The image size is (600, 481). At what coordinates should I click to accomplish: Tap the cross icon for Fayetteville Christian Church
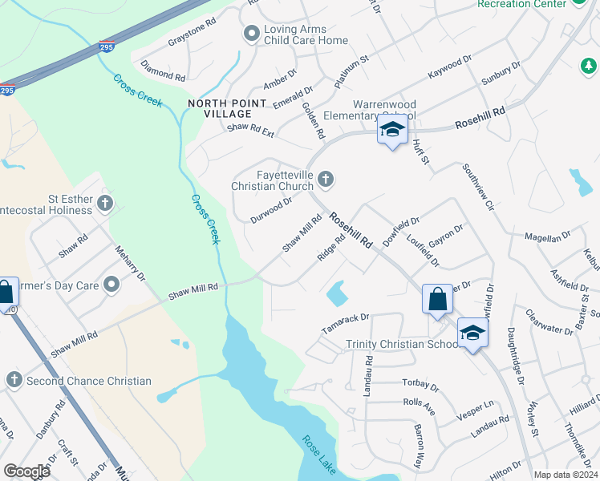click(x=325, y=179)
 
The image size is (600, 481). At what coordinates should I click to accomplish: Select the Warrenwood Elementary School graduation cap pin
click(x=391, y=131)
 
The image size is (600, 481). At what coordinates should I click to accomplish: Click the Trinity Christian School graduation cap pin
click(x=472, y=333)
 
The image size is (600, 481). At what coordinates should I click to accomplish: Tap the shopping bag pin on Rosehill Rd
click(x=438, y=299)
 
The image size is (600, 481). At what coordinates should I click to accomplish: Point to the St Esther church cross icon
click(x=105, y=202)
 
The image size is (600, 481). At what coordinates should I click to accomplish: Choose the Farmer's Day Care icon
click(x=111, y=284)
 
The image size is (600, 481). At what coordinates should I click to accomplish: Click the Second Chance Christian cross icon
click(x=13, y=380)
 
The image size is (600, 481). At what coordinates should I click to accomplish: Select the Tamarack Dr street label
click(x=344, y=323)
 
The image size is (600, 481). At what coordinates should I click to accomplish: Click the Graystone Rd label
click(x=192, y=33)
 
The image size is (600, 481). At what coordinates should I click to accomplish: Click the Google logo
click(x=26, y=471)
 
